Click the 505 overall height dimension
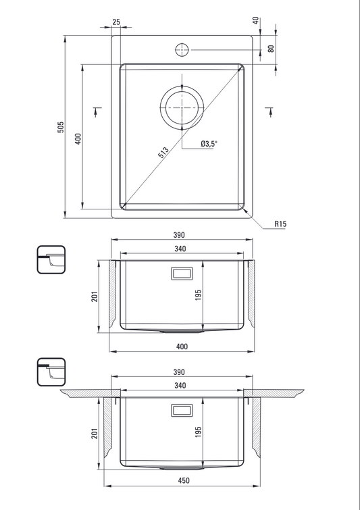[x=61, y=127]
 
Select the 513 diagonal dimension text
[x=163, y=152]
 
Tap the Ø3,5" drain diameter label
[x=209, y=143]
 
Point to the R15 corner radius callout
[x=280, y=224]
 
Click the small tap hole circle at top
[x=182, y=50]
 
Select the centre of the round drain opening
[x=182, y=107]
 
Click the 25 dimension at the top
[x=116, y=22]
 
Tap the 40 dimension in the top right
[x=256, y=20]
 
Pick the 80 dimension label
[x=272, y=49]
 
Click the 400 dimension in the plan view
[x=78, y=138]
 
